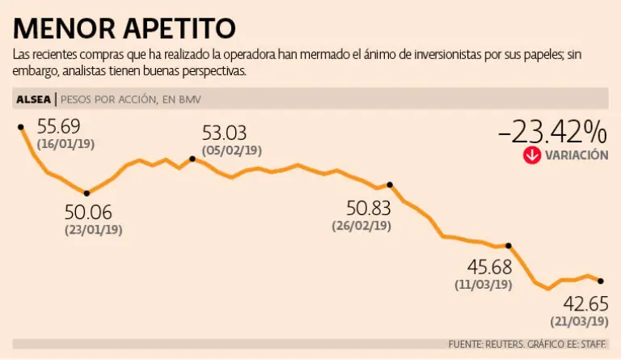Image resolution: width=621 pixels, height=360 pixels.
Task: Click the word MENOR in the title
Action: click(68, 29)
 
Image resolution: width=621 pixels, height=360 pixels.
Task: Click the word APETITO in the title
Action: click(181, 29)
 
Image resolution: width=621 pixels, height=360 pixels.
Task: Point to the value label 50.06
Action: click(88, 213)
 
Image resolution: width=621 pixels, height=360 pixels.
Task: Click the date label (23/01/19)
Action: click(93, 230)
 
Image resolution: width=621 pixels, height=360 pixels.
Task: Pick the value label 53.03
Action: click(224, 133)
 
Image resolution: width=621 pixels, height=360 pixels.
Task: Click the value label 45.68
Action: click(489, 267)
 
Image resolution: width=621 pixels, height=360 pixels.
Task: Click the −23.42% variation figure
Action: click(552, 130)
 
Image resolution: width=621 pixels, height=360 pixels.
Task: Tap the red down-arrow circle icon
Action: click(531, 155)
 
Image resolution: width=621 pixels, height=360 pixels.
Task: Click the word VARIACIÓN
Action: click(577, 155)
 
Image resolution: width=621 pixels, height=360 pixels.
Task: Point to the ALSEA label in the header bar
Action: click(33, 100)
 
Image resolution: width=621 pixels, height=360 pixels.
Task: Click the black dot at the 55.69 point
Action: click(21, 127)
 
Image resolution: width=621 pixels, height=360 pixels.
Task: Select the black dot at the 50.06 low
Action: click(87, 193)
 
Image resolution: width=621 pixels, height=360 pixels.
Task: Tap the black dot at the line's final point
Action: click(600, 281)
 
